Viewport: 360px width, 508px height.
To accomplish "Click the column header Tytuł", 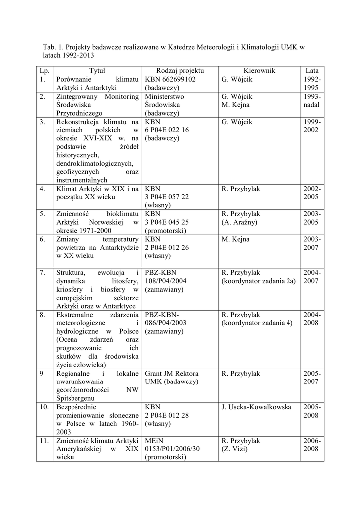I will coord(97,71).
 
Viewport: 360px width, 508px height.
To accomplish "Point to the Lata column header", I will coord(312,71).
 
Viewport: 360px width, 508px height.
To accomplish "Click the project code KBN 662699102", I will coord(170,79).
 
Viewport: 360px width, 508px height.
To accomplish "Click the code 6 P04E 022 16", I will coord(167,130).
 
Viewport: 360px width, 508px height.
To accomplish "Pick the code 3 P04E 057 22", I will coord(167,197).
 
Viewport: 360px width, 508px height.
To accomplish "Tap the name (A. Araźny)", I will coord(240,222).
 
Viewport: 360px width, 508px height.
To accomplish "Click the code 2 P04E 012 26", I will coord(167,248).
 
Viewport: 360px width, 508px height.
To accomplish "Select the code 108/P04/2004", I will coord(166,281).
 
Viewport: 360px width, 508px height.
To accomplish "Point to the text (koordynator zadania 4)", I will coord(257,323).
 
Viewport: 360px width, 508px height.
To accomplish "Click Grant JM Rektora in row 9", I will coord(172,374).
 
